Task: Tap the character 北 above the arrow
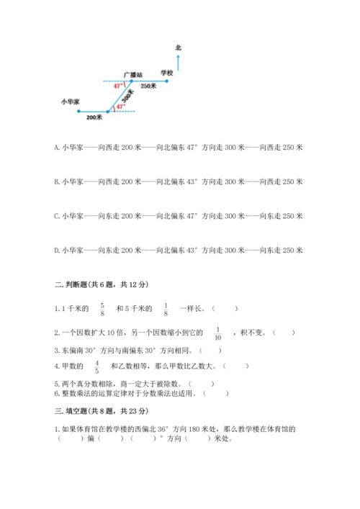coord(178,48)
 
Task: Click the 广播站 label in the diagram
coord(132,73)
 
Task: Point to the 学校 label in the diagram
coord(167,73)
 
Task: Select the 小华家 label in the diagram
coord(71,102)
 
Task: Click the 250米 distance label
coord(149,87)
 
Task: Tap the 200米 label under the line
coord(94,117)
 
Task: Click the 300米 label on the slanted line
coord(127,96)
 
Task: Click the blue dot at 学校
coord(167,81)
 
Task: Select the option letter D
coord(56,251)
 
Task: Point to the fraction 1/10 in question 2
coord(218,332)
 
